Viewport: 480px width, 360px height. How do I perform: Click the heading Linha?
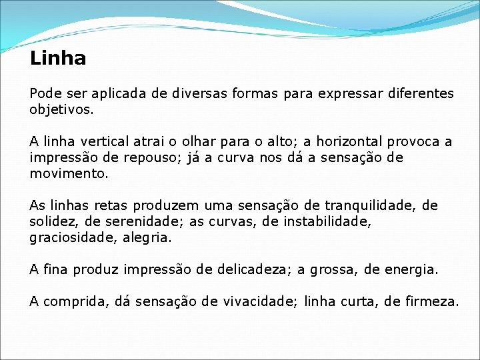(x=58, y=59)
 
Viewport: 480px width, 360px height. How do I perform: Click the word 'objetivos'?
(x=60, y=109)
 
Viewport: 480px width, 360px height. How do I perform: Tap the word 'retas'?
(x=112, y=205)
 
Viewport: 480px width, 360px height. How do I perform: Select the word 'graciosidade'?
(x=69, y=237)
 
